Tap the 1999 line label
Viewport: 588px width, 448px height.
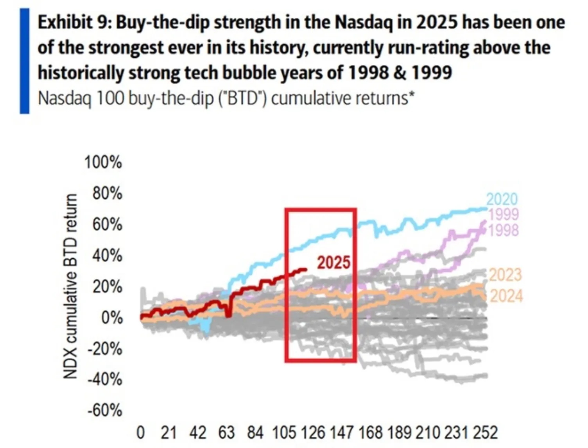tap(504, 214)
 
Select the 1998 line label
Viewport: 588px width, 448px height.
tap(504, 230)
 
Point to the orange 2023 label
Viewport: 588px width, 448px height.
tap(505, 275)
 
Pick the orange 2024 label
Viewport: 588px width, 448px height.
tap(506, 296)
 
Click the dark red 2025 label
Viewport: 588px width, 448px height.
tap(333, 263)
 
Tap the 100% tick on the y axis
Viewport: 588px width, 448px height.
tap(103, 162)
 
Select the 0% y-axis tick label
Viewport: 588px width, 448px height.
tap(111, 318)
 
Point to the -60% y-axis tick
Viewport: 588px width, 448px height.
tap(104, 411)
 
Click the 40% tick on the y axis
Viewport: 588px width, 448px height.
tap(107, 256)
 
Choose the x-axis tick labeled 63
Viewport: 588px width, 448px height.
tap(226, 433)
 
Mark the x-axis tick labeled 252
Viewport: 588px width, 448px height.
tap(485, 433)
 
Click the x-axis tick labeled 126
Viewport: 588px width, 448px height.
tap(313, 433)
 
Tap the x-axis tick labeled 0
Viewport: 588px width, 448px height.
tap(140, 433)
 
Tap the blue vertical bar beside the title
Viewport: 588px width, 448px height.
tap(25, 61)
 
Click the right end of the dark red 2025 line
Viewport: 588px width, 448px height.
tap(305, 269)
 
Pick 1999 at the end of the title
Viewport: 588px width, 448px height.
tap(431, 73)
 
